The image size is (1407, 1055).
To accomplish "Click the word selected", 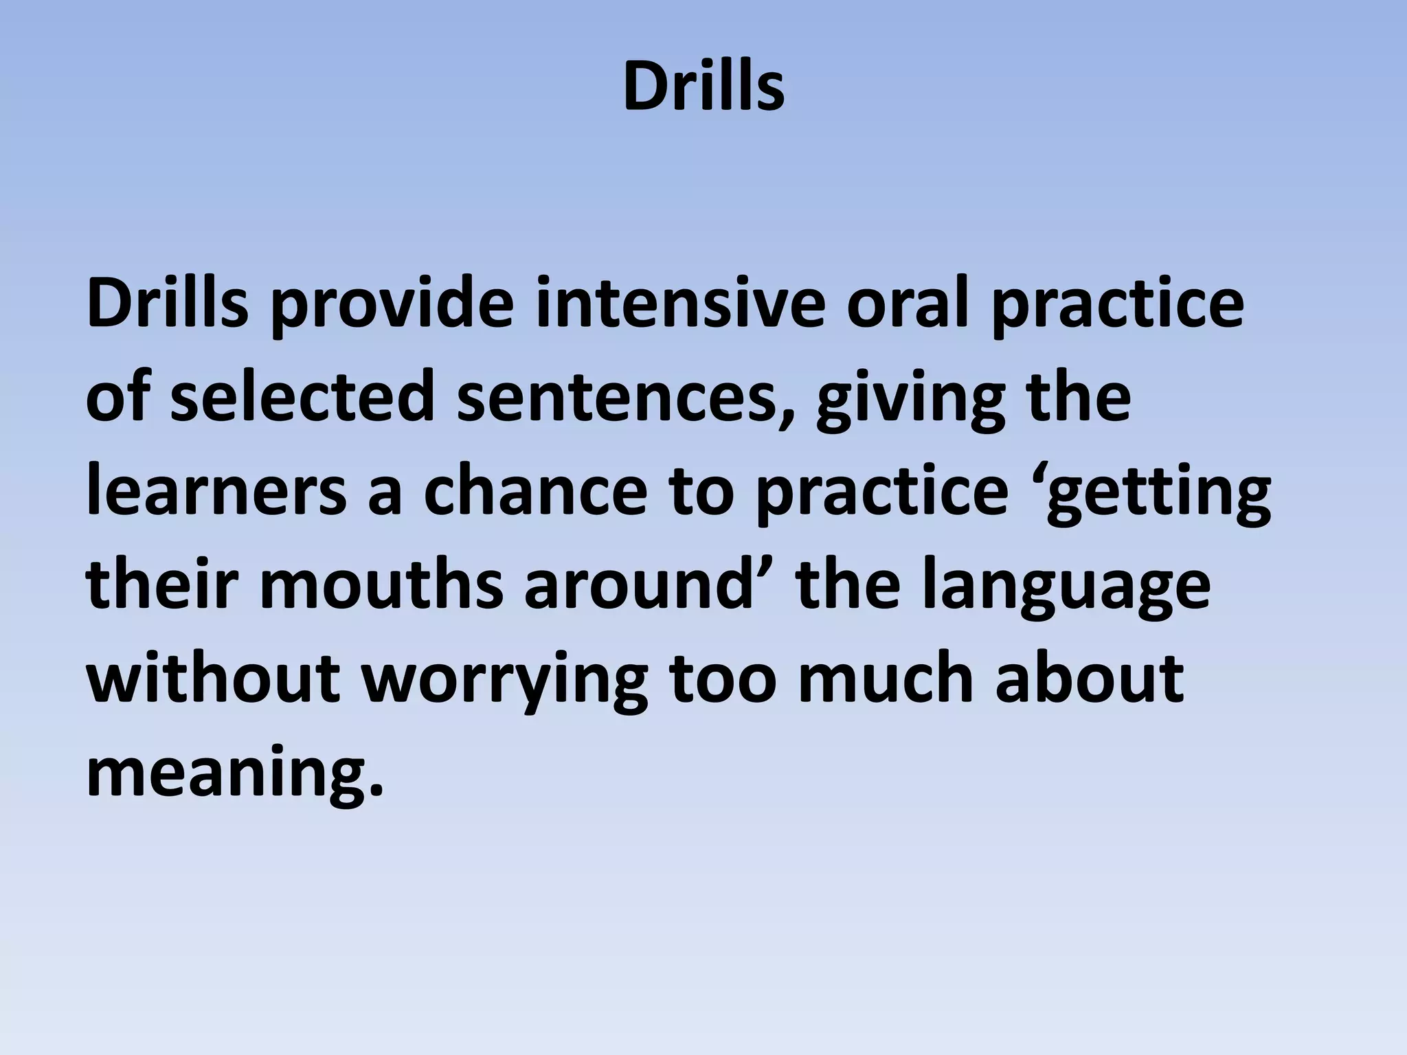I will tap(302, 398).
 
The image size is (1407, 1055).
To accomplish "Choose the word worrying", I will tap(505, 683).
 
